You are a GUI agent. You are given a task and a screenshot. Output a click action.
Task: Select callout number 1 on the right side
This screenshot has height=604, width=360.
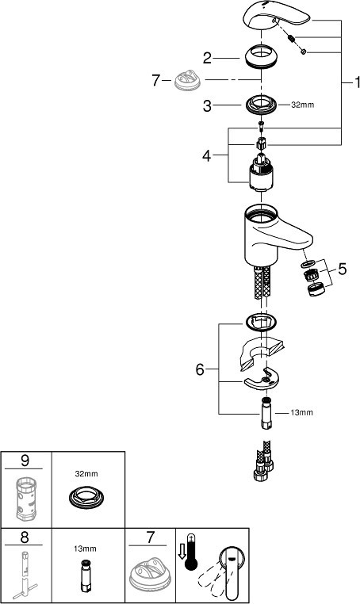[x=357, y=82]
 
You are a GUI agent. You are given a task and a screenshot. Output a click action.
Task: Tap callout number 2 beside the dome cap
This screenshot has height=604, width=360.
[x=208, y=59]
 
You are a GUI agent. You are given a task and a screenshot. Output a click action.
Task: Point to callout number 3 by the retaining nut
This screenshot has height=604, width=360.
[x=208, y=105]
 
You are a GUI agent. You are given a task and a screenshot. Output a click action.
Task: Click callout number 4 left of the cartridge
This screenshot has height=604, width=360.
[x=207, y=155]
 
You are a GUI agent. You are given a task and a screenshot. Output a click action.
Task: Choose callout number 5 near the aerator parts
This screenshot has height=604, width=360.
[x=343, y=269]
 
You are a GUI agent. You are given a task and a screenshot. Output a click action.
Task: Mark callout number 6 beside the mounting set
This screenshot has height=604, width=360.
[x=200, y=369]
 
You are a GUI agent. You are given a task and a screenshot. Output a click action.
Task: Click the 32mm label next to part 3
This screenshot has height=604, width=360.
[x=302, y=105]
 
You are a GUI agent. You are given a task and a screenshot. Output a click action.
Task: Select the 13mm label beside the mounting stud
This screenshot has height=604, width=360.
[x=301, y=412]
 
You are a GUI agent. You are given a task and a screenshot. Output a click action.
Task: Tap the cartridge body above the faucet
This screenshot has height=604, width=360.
[x=261, y=171]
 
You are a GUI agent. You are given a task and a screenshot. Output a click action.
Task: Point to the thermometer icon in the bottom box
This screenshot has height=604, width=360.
[x=190, y=552]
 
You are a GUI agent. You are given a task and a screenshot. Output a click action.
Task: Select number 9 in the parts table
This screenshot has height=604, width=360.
[x=25, y=460]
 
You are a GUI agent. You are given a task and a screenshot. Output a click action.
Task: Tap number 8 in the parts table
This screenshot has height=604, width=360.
[x=25, y=537]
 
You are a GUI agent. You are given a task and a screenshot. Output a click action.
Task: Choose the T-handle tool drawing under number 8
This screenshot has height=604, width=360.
[x=23, y=575]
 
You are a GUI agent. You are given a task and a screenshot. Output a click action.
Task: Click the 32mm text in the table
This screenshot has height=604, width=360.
[x=86, y=474]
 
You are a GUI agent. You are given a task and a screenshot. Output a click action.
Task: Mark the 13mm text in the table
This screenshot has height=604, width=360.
[x=85, y=549]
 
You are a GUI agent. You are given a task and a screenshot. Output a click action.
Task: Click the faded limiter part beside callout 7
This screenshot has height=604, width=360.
[x=187, y=80]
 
